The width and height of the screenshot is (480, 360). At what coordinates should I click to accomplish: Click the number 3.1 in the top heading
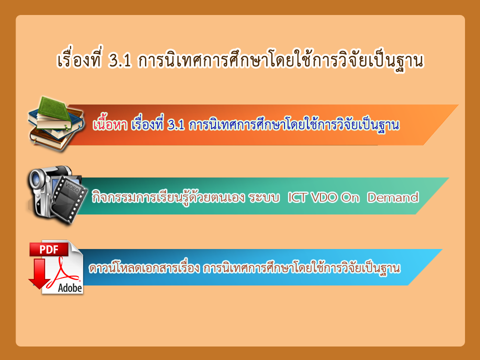tap(120, 60)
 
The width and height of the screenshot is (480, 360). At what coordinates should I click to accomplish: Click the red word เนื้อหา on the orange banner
tap(110, 124)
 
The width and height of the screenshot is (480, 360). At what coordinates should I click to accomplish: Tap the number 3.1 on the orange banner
tap(176, 125)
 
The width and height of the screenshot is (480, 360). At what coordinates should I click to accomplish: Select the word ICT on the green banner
tap(297, 197)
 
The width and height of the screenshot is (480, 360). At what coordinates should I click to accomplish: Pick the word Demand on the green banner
tap(393, 197)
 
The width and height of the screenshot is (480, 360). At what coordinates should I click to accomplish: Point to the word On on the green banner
tap(350, 198)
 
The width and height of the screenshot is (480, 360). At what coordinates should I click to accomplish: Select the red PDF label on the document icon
tap(49, 249)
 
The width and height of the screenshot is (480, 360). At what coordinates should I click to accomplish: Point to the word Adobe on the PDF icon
tap(70, 288)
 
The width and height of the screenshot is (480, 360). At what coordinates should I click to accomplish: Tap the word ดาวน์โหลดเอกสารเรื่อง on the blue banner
tap(144, 268)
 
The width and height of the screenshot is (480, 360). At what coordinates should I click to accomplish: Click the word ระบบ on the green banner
tap(264, 198)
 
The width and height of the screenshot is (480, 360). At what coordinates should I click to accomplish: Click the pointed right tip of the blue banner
tap(442, 250)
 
